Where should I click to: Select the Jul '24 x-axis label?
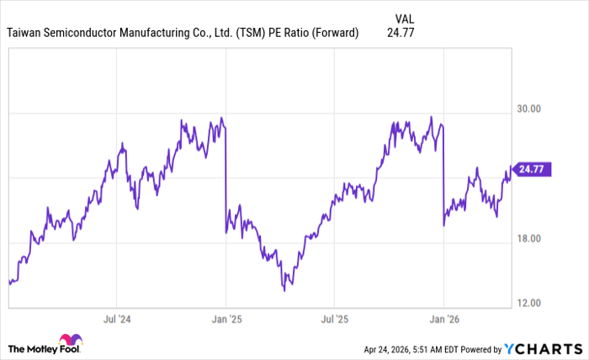pyautogui.click(x=119, y=320)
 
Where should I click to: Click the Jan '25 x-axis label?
pyautogui.click(x=226, y=320)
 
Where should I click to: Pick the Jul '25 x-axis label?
pyautogui.click(x=334, y=320)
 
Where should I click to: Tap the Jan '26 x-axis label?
pyautogui.click(x=443, y=320)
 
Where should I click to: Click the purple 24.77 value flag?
pyautogui.click(x=530, y=169)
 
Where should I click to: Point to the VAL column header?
pyautogui.click(x=405, y=16)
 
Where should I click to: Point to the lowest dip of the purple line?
pyautogui.click(x=284, y=290)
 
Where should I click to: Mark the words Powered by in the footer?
pyautogui.click(x=479, y=348)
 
